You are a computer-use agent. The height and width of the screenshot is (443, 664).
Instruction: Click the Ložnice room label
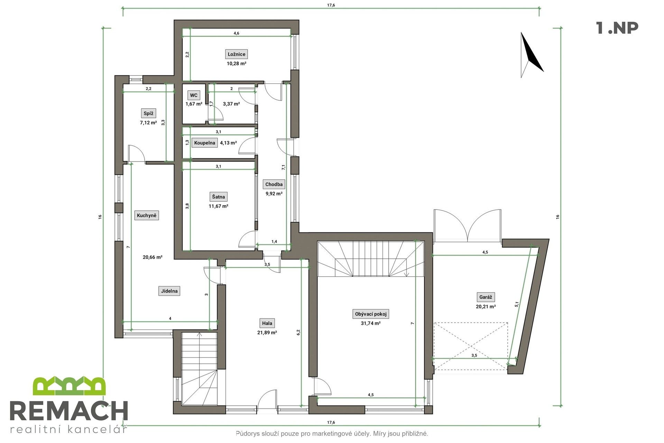click(237, 54)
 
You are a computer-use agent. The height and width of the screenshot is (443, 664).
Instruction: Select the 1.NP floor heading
click(617, 28)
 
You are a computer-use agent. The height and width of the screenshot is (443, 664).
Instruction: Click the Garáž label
click(486, 297)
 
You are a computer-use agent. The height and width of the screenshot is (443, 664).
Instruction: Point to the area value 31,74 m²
click(370, 323)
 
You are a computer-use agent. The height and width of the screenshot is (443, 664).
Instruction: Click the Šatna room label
click(218, 197)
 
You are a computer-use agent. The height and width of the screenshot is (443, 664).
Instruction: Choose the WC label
click(194, 95)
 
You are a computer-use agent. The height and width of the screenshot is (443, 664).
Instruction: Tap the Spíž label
click(149, 113)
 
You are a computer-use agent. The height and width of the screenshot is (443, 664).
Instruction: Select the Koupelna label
click(204, 143)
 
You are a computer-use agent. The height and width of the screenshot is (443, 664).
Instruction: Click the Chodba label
click(274, 184)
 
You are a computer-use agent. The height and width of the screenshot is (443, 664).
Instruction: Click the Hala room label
click(267, 323)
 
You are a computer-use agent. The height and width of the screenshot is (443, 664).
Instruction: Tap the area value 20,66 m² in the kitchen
click(153, 257)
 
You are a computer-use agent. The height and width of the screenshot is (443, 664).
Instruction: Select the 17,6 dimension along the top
click(331, 5)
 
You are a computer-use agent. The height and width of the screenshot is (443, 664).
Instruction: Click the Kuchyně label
click(147, 215)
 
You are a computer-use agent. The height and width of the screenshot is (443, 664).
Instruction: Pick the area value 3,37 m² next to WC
click(231, 104)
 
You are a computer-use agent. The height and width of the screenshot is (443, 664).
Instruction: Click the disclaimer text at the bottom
click(332, 433)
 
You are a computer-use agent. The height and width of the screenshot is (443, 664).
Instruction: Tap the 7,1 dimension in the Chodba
click(284, 167)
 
